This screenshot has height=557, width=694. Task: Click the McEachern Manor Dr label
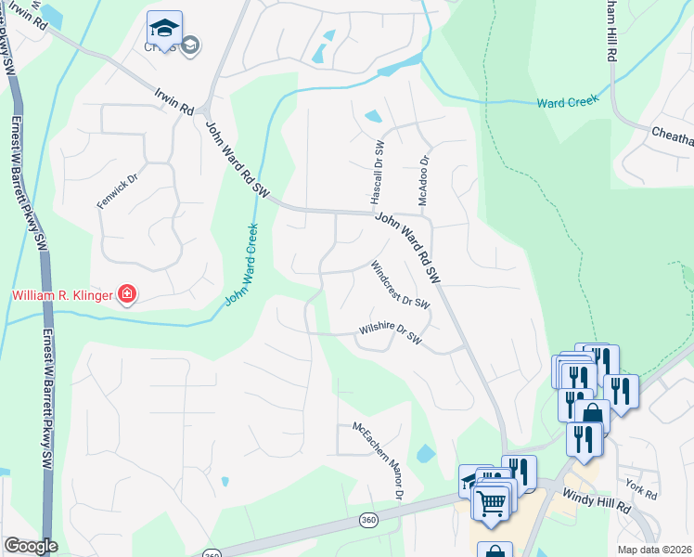tap(377, 460)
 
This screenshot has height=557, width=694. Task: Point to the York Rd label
tap(640, 486)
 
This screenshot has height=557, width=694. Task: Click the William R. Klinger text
tap(60, 296)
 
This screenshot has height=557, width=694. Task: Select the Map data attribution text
tap(655, 550)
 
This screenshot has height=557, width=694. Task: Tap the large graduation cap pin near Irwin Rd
tap(164, 28)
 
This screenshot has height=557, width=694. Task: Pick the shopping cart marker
tap(491, 502)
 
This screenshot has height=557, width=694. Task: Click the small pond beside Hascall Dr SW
tap(372, 117)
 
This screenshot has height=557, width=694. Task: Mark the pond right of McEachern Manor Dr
tap(425, 454)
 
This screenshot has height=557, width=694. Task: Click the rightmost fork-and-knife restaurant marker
tap(621, 390)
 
